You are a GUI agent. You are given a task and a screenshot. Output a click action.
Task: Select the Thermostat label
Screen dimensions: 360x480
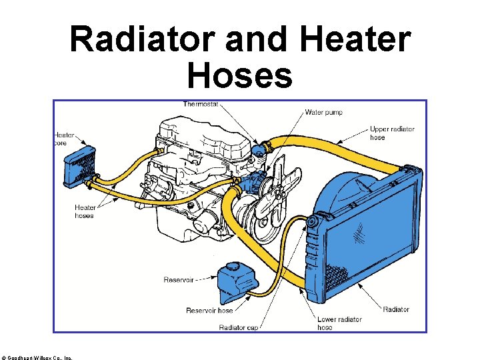201,104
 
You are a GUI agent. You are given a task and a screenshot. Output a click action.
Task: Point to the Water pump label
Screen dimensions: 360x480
324,113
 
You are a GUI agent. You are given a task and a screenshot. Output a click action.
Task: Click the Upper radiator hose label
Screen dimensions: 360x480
392,133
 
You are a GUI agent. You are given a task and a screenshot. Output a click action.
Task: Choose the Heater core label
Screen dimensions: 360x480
64,139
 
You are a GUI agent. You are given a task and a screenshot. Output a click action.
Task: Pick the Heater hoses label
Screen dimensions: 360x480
85,211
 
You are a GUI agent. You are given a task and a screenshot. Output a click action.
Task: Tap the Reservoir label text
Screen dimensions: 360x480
179,280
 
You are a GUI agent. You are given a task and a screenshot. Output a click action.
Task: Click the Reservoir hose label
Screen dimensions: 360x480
209,311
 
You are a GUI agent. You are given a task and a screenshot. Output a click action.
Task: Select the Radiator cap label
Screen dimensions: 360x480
239,327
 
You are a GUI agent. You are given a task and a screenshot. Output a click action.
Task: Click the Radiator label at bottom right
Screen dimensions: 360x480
396,309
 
